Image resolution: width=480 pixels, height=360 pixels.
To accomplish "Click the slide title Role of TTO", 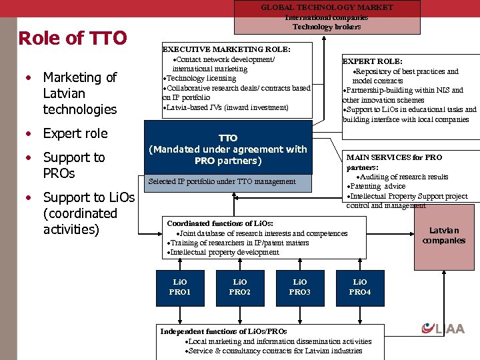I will point(73,38).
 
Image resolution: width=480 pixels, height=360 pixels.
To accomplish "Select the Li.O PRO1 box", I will point(180,287).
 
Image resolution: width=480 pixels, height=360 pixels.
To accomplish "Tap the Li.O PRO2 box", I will point(240,287).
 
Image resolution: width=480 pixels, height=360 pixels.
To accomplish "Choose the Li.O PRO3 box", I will point(300,287).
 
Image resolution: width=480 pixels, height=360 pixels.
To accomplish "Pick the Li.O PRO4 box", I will point(360,287).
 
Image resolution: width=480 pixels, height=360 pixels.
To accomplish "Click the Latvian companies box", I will point(443,235).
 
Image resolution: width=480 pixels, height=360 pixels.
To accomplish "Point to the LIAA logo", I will point(443,328).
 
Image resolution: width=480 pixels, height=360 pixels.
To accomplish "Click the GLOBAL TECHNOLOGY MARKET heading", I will point(327,7).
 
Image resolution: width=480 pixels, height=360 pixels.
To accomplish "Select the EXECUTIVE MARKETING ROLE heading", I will point(227,49).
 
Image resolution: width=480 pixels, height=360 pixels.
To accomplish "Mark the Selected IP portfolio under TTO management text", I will point(222,181).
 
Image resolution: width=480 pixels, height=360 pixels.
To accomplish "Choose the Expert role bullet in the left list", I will point(75,133).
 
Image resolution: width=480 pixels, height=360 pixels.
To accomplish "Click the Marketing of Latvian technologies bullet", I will point(79,93).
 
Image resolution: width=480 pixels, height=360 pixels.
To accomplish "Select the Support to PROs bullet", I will point(73,165).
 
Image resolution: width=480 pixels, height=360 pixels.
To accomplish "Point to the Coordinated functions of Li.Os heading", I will point(220,223).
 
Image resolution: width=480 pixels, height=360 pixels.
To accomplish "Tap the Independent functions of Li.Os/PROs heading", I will point(223,331).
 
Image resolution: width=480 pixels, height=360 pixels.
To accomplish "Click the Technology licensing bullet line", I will point(199,79).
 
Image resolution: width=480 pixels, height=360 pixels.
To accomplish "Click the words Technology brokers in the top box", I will point(327,27).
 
